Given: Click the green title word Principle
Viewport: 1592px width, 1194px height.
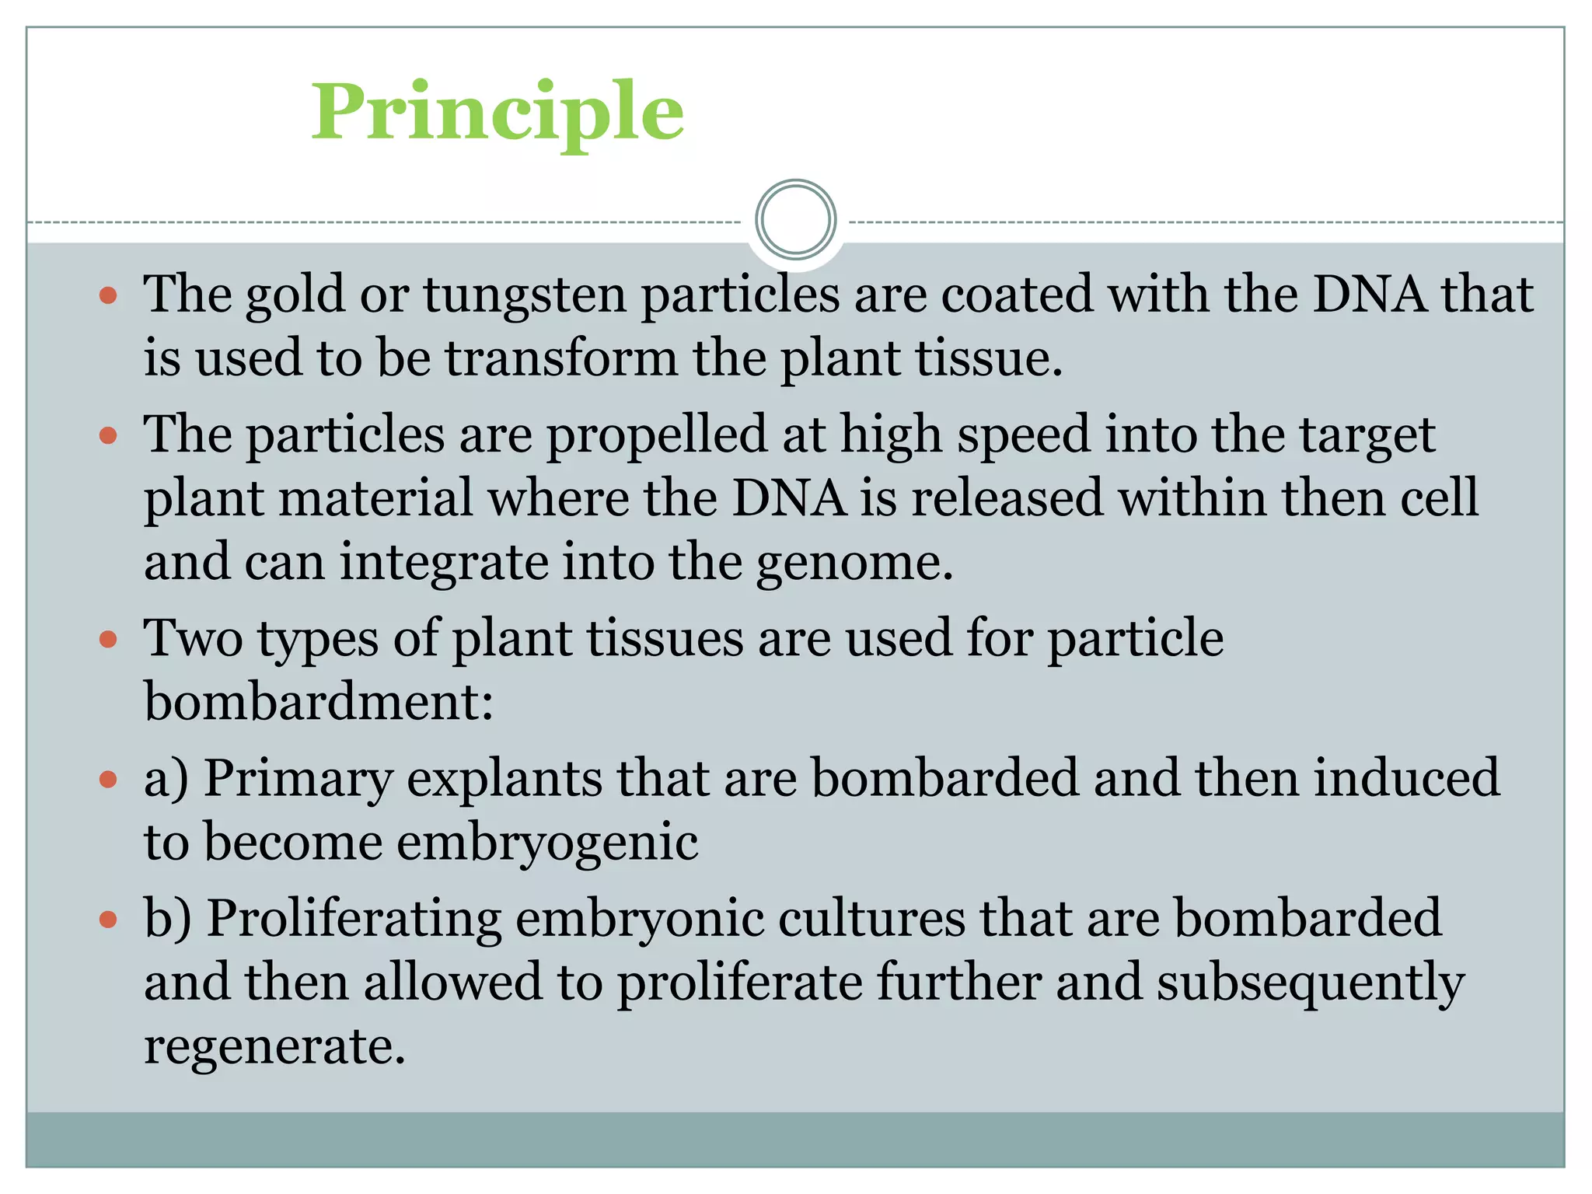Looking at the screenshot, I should (497, 113).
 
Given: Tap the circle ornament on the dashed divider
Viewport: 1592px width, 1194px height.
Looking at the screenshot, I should (795, 220).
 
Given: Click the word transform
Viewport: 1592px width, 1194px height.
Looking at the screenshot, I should (560, 358).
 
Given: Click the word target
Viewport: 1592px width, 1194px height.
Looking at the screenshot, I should (1368, 435).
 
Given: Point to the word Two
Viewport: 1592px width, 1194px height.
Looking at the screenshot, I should (194, 638).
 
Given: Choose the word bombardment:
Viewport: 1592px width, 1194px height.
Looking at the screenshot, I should (319, 702).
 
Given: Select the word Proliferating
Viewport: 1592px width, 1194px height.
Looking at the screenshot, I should (354, 919).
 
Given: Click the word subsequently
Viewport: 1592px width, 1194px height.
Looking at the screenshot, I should (1311, 983).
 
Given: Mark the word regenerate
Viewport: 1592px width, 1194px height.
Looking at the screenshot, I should (274, 1046).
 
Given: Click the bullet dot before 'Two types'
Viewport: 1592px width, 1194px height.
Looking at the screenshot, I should (108, 640).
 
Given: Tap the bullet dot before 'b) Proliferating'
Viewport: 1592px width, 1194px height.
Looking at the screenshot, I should (108, 920).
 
